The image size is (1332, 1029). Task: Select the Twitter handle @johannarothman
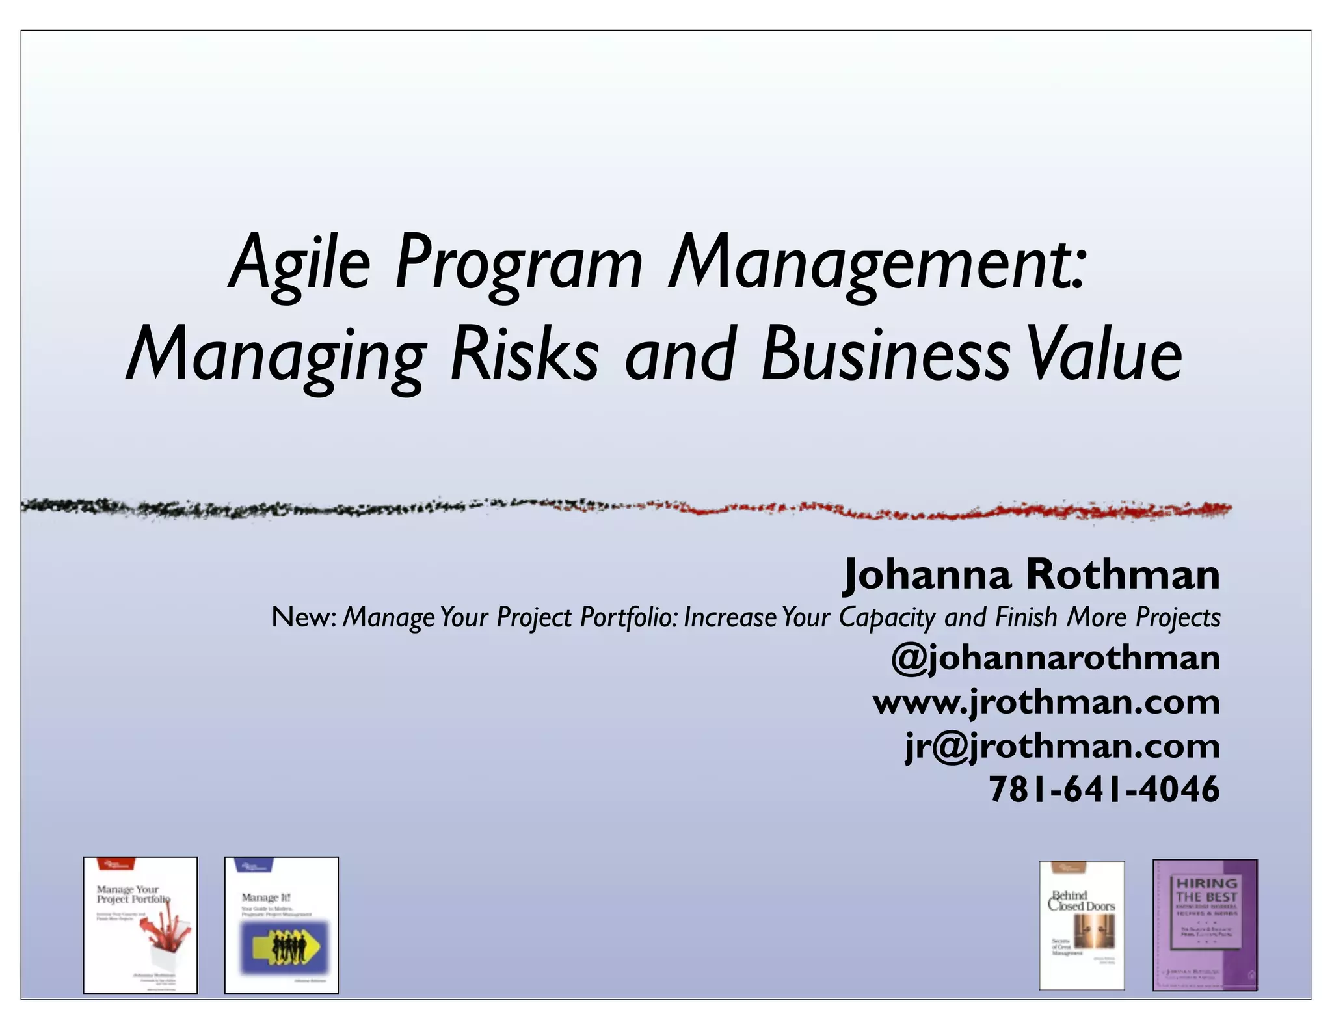tap(1055, 658)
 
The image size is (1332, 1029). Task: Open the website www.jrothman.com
tap(1046, 702)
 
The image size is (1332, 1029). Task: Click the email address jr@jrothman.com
tap(1061, 746)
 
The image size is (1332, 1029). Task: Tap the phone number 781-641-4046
tap(1104, 790)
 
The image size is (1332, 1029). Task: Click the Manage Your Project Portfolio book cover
tap(140, 924)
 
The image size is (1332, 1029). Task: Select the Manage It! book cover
tap(282, 924)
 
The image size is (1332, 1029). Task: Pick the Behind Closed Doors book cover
tap(1082, 925)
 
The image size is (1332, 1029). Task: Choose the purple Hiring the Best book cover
tap(1205, 924)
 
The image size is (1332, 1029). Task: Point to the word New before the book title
tap(301, 617)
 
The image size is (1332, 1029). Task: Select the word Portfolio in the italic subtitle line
tap(628, 617)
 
